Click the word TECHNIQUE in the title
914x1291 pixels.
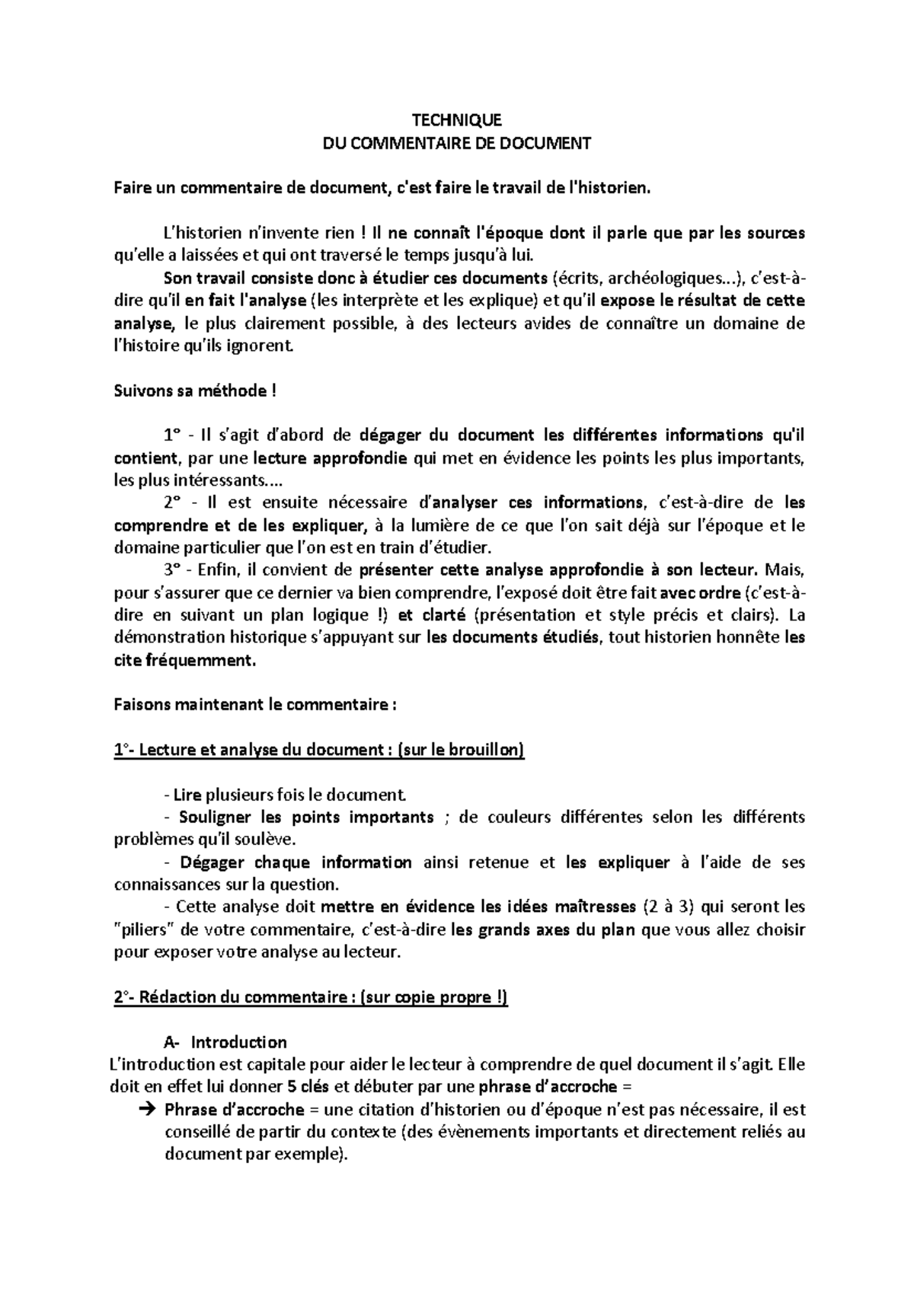click(x=456, y=120)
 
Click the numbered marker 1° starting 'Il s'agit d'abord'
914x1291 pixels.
click(x=173, y=436)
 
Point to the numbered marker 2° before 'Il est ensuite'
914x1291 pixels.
click(x=173, y=502)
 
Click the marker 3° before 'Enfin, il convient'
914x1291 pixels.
click(x=173, y=569)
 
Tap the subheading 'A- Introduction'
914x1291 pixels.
click(x=225, y=1042)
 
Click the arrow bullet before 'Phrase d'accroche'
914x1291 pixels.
click(x=148, y=1110)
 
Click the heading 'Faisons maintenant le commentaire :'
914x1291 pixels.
click(x=255, y=705)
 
